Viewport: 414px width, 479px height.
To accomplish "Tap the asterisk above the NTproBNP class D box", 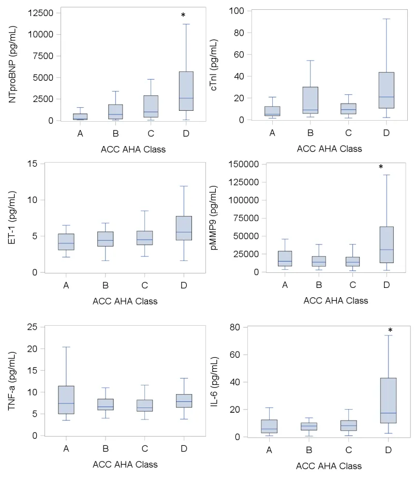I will click(x=183, y=16).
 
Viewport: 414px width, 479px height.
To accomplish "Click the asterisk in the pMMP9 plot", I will click(x=380, y=167).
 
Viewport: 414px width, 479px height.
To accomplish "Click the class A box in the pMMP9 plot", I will click(x=284, y=258).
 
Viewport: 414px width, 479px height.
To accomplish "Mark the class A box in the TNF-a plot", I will click(x=66, y=400).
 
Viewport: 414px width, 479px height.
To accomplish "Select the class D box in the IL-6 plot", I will click(x=388, y=400).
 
